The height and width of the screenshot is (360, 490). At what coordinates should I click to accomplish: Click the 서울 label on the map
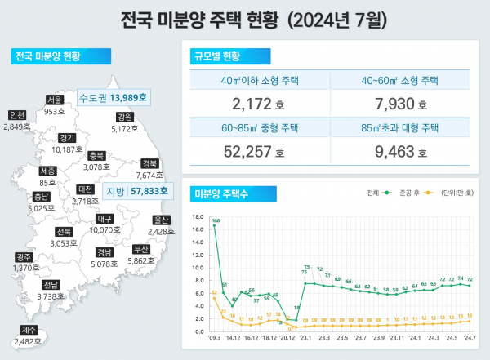point(55,100)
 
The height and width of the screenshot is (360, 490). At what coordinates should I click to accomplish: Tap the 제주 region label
point(29,330)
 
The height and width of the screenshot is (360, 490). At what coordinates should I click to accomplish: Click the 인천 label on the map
point(16,115)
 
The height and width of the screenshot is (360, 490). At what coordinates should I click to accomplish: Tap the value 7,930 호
point(399,104)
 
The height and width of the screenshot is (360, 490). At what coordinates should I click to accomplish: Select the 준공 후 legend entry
point(410,193)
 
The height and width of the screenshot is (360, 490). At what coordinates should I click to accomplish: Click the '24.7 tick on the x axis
point(469,337)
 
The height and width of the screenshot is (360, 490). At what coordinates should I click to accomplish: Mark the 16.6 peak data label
point(216,221)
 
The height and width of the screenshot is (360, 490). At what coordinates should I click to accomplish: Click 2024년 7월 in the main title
point(320,18)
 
